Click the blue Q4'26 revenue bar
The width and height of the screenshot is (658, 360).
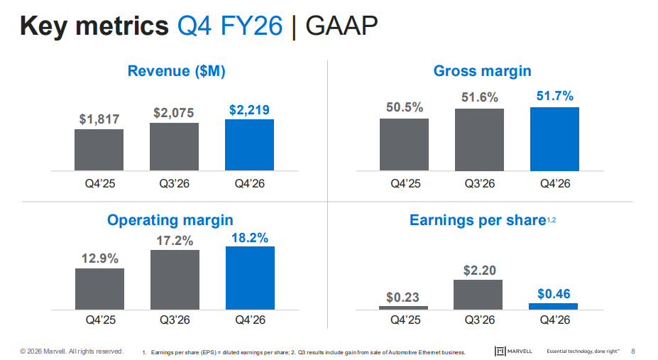249,145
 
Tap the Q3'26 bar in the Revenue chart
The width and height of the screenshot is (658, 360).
174,146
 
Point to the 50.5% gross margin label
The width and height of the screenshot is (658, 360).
404,107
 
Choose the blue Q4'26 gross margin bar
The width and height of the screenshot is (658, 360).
554,138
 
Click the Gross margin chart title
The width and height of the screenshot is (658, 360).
482,71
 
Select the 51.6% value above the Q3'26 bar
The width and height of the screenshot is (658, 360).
479,97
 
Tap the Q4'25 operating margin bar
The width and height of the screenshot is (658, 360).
99,289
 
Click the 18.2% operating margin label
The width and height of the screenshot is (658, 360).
250,238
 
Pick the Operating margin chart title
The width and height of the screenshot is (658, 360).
170,220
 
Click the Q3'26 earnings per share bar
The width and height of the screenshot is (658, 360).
478,294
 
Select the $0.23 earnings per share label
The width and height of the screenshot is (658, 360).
403,297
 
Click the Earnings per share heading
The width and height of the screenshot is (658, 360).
477,220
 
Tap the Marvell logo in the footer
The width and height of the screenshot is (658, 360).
515,351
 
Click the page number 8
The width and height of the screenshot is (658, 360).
633,351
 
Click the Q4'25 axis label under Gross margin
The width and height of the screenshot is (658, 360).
405,183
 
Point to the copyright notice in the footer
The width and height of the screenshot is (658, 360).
72,351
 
